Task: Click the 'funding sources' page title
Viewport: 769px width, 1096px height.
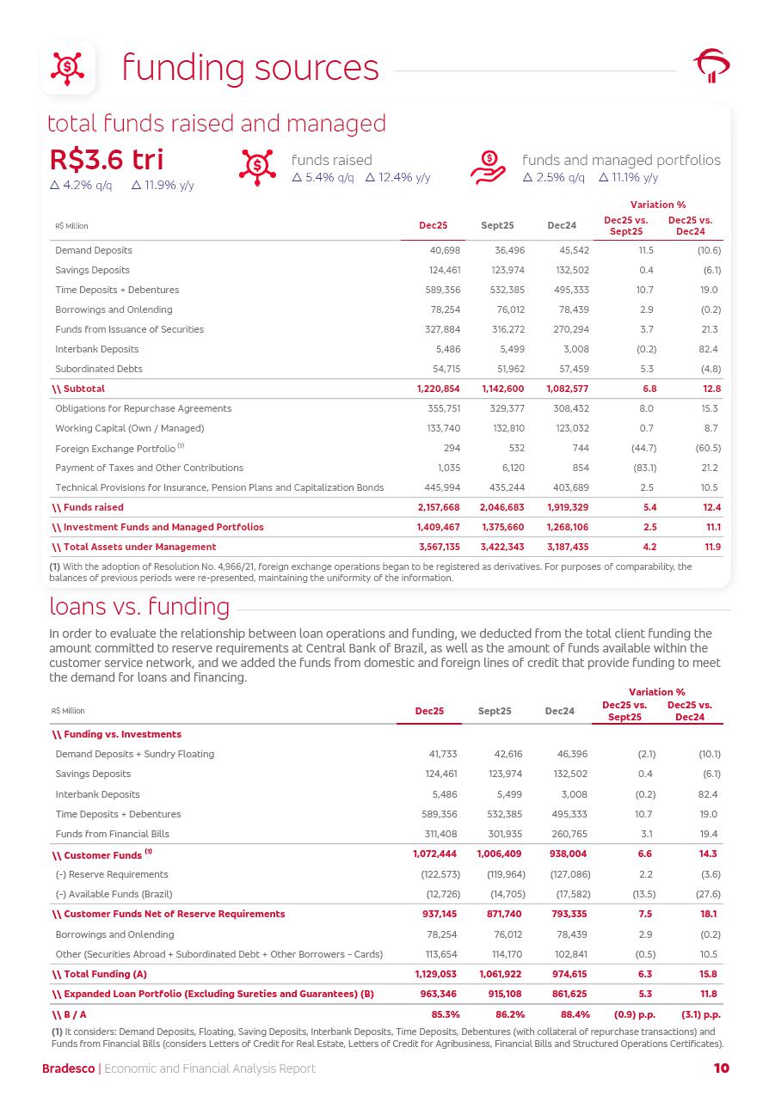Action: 249,68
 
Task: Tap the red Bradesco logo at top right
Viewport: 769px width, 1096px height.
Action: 711,66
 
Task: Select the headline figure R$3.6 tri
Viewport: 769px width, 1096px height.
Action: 107,160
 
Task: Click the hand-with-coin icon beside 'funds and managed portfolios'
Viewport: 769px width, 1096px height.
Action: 488,168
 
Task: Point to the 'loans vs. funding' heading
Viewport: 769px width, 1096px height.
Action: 139,607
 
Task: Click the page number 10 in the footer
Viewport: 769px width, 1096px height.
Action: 721,1068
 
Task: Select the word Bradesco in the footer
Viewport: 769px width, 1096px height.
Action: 69,1068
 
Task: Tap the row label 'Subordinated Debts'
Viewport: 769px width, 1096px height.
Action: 99,369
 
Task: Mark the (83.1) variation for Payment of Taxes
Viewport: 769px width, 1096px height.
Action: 643,468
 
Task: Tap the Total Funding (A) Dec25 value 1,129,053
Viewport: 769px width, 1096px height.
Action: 434,974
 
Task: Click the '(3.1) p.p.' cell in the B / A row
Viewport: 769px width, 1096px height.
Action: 699,1014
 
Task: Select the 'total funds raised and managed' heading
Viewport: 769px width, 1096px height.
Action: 216,124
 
